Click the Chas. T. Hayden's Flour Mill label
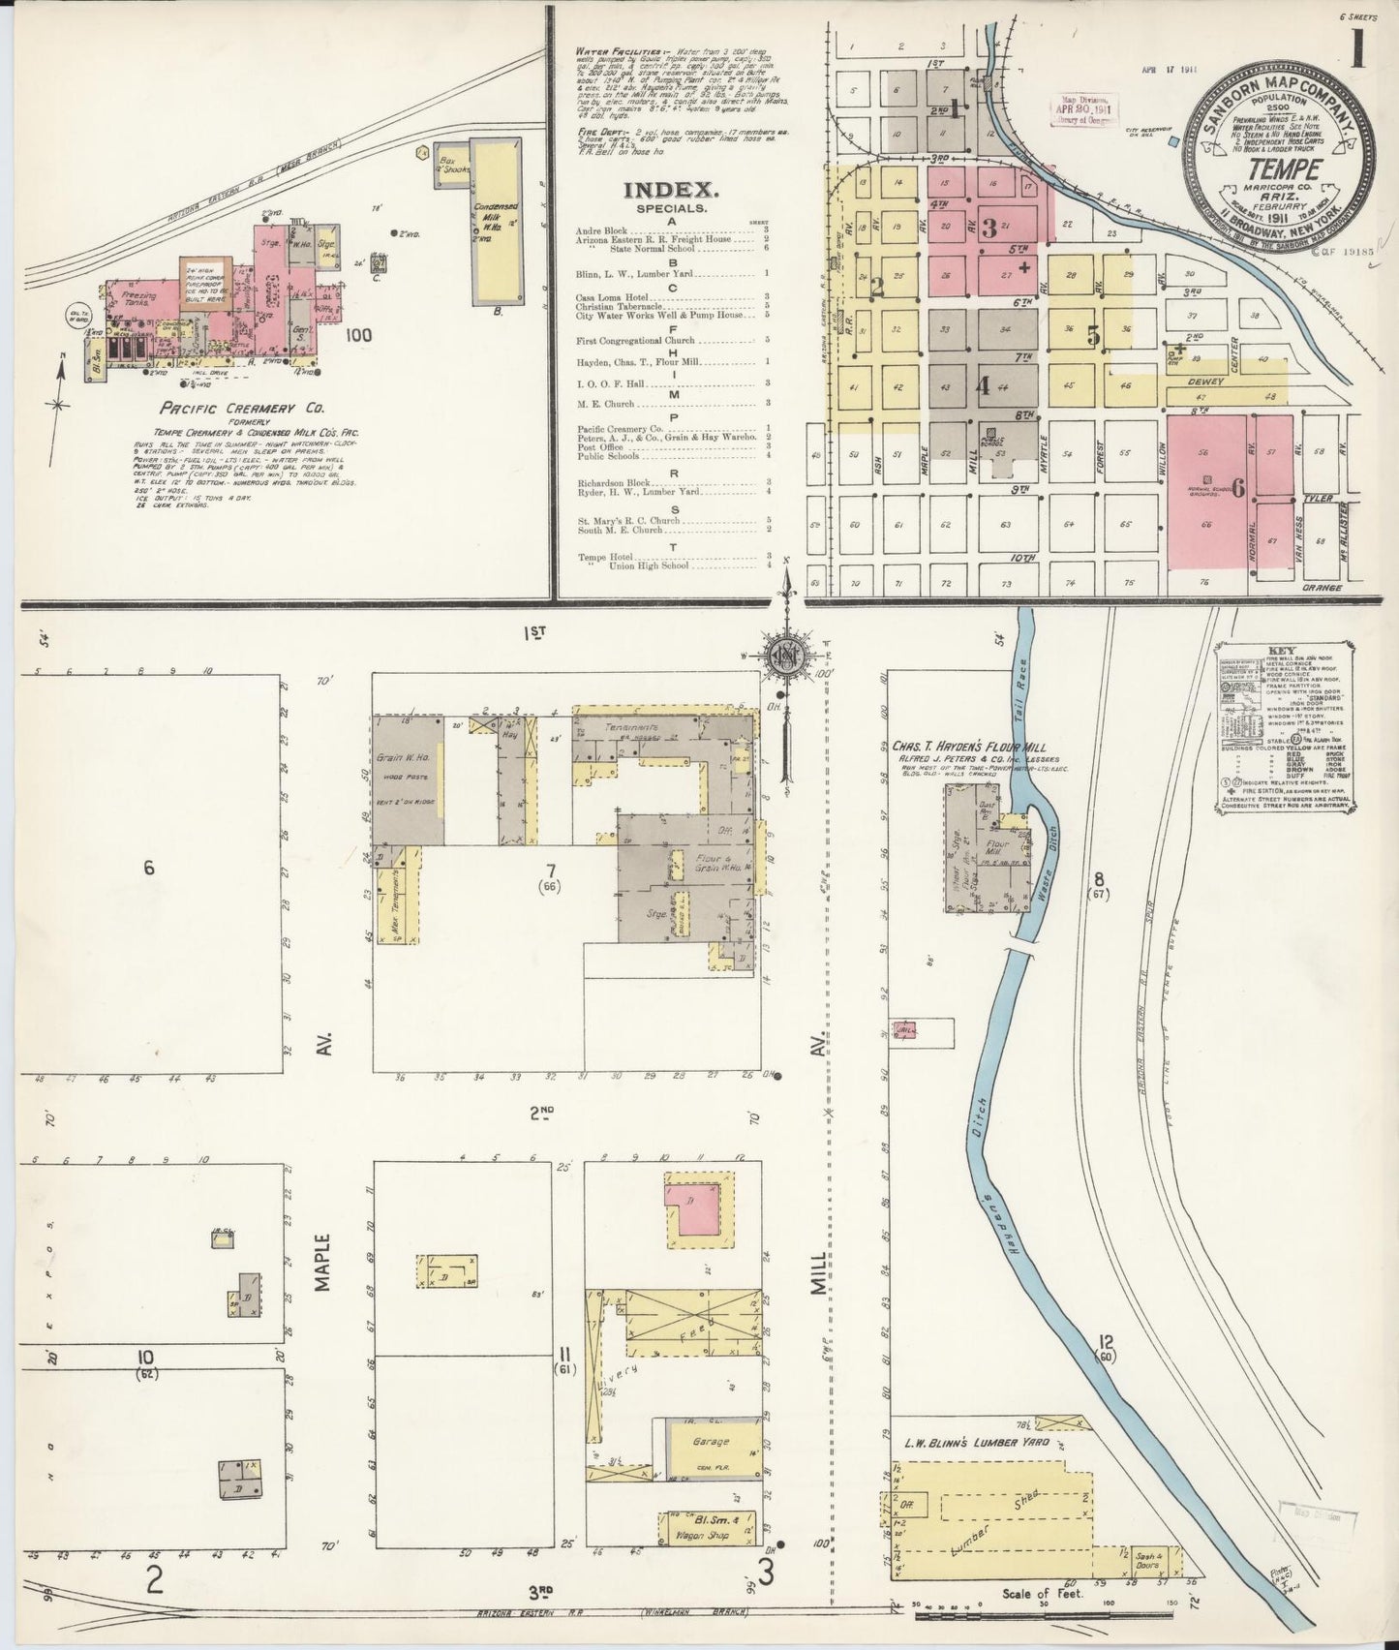(x=961, y=747)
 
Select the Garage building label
(x=711, y=1442)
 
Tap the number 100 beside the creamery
(x=357, y=335)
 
